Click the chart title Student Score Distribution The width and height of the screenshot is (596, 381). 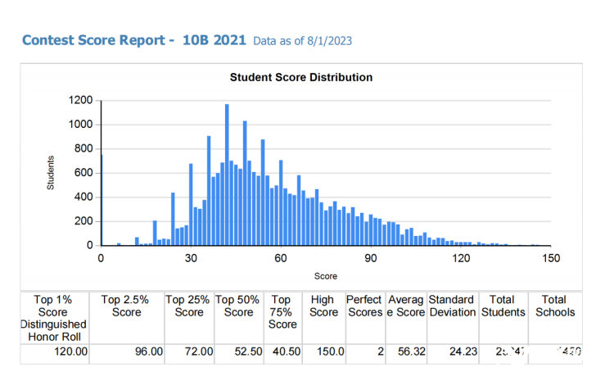pos(300,77)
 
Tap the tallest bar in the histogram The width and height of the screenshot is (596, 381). pos(227,175)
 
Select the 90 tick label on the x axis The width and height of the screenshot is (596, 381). pos(371,257)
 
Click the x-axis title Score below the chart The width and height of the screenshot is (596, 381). pos(326,276)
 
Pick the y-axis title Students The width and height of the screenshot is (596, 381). pos(51,173)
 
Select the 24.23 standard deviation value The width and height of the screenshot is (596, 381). pos(458,352)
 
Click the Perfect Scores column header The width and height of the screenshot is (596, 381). pos(364,306)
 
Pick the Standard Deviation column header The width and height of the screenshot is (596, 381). pos(451,306)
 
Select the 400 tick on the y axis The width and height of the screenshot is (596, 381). pos(84,197)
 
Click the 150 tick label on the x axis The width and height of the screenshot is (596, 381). pos(551,257)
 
